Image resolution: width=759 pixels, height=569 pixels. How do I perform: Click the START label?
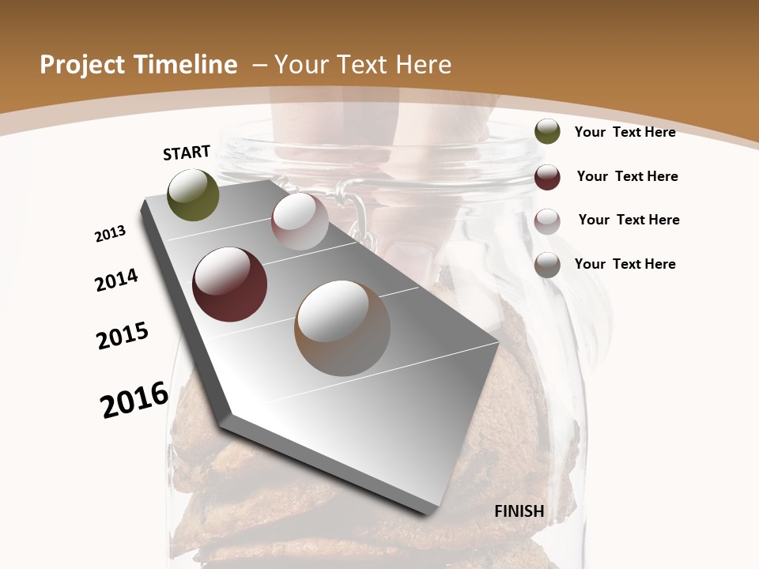pos(187,152)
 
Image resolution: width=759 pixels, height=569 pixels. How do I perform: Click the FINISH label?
pos(519,511)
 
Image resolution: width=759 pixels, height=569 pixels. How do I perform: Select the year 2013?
pos(110,234)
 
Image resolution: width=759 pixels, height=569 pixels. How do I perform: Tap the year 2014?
pos(116,280)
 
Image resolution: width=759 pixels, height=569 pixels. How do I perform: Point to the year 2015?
pos(123,336)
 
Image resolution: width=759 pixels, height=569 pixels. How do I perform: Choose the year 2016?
pos(134,399)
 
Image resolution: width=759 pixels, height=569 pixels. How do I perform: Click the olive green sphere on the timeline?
pos(194,194)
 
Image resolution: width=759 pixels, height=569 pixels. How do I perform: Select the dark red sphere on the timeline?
pos(230,284)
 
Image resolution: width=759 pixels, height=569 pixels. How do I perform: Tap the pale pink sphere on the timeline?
pos(300,221)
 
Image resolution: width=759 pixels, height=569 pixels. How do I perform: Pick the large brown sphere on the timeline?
pos(342,328)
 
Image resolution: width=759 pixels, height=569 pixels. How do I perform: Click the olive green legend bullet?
pos(547,132)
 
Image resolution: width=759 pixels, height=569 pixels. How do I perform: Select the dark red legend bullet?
pos(547,177)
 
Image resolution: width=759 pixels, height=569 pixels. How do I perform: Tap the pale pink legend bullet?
pos(547,220)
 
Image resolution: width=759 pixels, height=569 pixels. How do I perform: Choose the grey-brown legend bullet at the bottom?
pos(547,265)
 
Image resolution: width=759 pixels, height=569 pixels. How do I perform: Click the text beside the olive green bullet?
pos(625,132)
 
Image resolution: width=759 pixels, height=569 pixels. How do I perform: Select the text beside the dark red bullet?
pos(627,176)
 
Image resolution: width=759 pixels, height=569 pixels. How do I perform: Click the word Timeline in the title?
pos(187,65)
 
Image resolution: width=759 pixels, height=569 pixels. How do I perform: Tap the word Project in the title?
pos(81,65)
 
